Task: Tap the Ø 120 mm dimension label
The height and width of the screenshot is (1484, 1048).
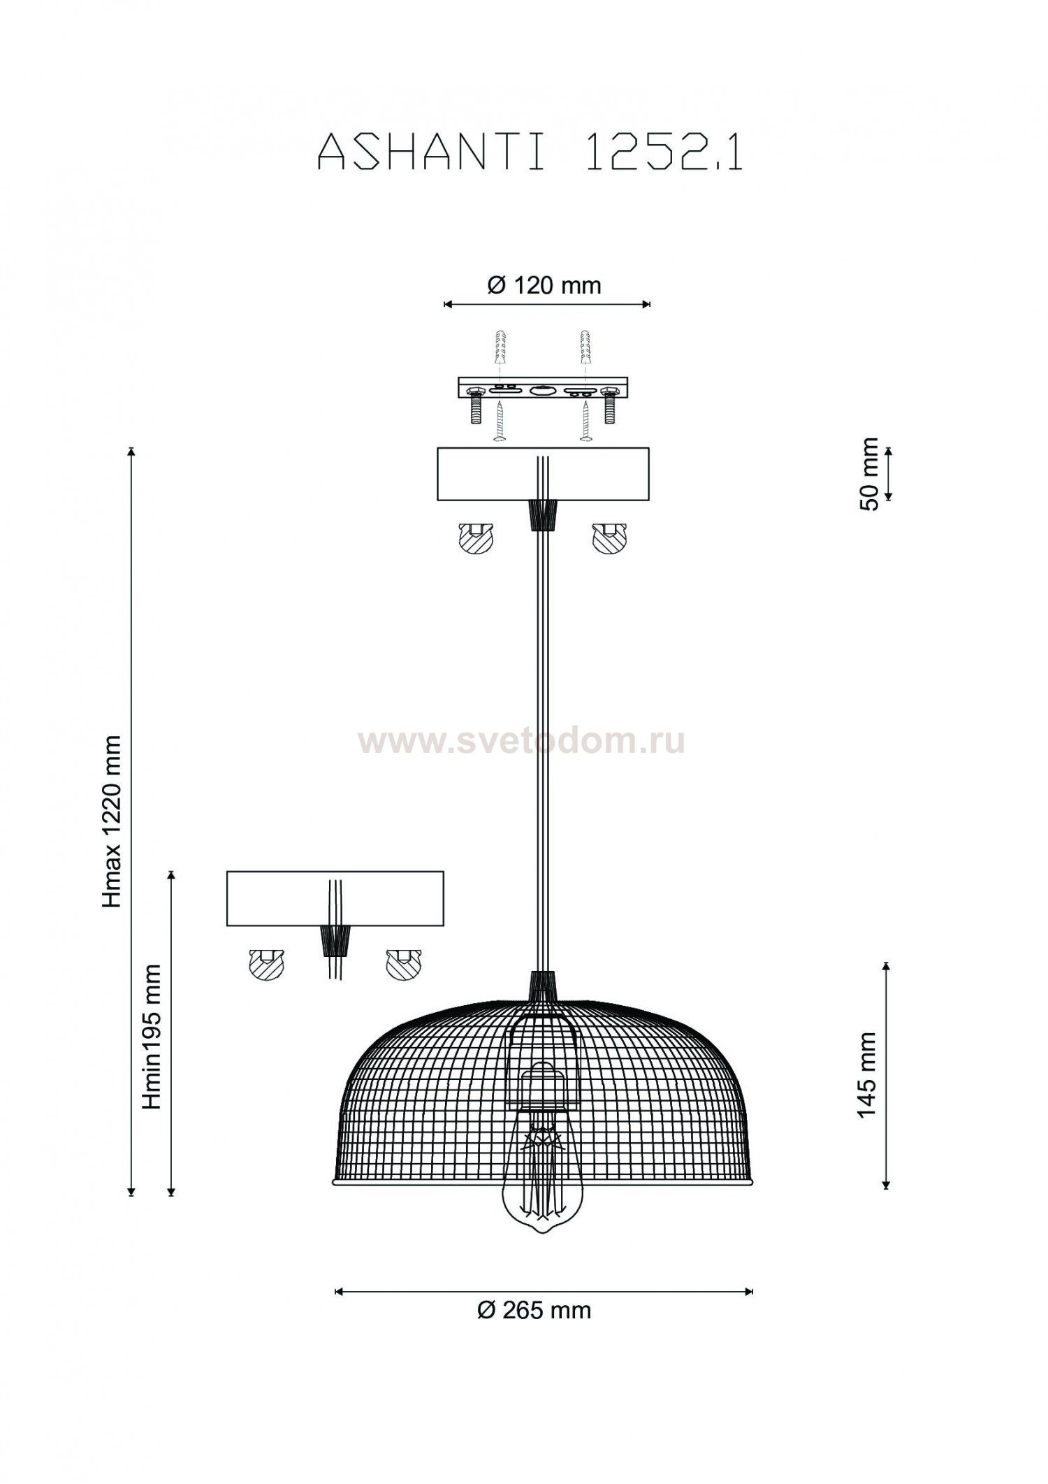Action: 544,285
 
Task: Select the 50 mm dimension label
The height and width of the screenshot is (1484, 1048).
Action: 870,474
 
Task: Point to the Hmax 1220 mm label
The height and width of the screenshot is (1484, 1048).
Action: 112,821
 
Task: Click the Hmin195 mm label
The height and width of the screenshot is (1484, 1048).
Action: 152,1037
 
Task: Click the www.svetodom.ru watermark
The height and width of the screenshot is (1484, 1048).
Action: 523,741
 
